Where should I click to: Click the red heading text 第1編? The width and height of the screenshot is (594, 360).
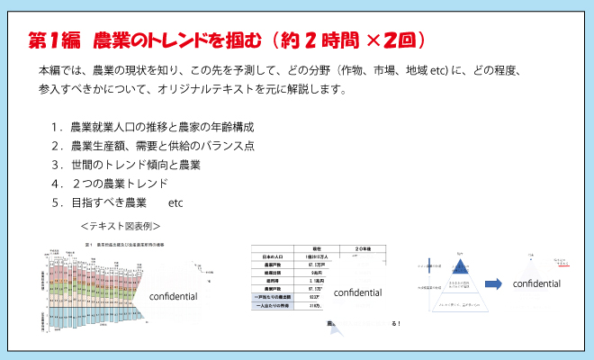coord(56,41)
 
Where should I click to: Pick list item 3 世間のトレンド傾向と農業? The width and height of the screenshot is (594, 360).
coord(125,165)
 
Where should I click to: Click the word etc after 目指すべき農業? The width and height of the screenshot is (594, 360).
coord(175,202)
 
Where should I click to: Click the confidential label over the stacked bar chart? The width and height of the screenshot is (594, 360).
coord(179,296)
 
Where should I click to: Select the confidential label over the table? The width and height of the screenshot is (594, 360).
coord(357,292)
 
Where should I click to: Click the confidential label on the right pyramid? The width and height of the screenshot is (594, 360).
coord(536,283)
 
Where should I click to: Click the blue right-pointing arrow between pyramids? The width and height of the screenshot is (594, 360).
coord(488,284)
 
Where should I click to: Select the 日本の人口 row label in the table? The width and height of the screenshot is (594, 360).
coord(275,256)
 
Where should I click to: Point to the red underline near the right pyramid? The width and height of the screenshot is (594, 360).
coord(564,267)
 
